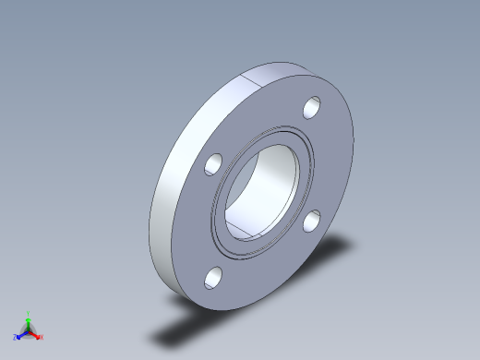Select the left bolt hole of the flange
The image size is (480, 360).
(213, 164)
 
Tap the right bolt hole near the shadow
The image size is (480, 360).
(313, 220)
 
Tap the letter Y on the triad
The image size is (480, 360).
(28, 313)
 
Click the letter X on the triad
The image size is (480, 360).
(42, 337)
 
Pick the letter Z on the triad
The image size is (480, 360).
(15, 337)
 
